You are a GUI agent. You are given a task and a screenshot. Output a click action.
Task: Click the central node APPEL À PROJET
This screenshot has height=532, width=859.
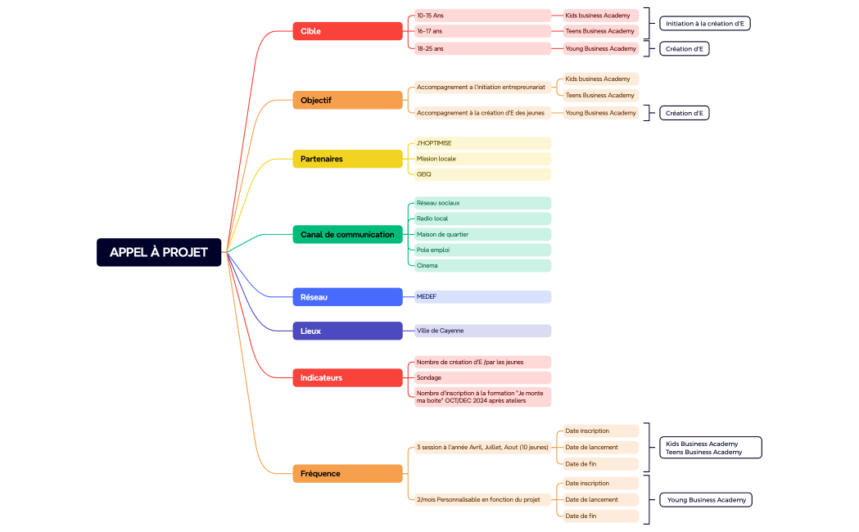click(159, 252)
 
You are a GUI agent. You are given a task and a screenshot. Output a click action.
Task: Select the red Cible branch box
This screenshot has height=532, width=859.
click(347, 31)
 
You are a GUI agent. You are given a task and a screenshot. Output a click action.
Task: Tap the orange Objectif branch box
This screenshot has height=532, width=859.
click(347, 100)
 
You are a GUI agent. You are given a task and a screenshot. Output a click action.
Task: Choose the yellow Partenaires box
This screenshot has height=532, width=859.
click(347, 159)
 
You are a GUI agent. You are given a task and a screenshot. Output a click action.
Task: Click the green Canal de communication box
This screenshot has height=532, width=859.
click(347, 234)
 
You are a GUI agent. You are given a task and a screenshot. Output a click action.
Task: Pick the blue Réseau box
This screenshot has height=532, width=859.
click(347, 297)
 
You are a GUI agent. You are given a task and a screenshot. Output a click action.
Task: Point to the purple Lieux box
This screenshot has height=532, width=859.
click(347, 331)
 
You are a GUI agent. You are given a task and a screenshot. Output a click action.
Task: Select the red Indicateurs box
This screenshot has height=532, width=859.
click(347, 377)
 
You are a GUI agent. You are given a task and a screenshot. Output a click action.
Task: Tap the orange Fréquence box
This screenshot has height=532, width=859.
click(347, 473)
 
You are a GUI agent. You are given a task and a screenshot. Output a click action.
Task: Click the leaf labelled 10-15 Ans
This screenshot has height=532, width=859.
click(481, 16)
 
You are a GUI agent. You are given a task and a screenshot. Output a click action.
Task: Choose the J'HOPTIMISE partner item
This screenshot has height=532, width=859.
click(481, 143)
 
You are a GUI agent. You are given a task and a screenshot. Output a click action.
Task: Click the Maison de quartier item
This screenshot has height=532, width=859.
click(481, 234)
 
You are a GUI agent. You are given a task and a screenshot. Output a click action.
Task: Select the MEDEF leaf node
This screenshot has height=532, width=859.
click(481, 297)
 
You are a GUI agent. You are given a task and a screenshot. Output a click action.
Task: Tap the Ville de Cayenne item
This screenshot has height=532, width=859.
click(481, 331)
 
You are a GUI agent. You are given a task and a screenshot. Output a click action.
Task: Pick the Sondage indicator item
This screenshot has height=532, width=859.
click(481, 377)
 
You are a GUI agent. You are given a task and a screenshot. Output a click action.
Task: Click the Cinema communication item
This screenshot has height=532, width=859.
click(481, 265)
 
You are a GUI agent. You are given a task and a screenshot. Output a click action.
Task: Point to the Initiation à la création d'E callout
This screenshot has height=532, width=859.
click(704, 24)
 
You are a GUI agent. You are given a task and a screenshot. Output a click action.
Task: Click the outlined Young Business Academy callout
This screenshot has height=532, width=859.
click(705, 499)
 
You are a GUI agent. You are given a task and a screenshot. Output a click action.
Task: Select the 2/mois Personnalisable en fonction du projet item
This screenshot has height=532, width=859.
click(481, 499)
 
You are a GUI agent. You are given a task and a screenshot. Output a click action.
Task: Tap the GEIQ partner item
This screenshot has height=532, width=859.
click(481, 174)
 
